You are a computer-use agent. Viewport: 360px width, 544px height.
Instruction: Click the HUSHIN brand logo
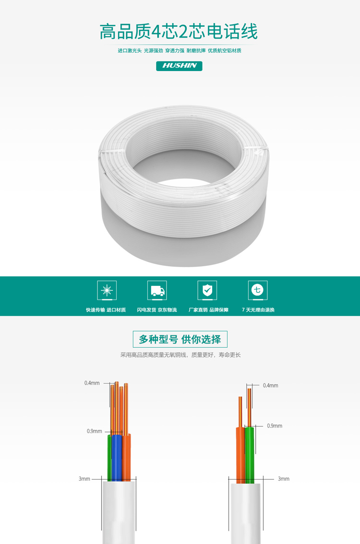pos(179,66)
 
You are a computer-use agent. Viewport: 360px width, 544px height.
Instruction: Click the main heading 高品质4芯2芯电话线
pos(179,32)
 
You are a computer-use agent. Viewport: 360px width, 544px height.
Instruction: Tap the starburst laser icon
pos(107,290)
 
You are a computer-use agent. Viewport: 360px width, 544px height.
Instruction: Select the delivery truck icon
pos(157,290)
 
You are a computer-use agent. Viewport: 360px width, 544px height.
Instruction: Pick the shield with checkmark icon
pos(207,290)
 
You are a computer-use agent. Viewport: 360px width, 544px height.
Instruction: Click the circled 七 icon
pos(258,290)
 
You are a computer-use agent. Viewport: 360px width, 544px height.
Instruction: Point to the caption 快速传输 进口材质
pos(106,310)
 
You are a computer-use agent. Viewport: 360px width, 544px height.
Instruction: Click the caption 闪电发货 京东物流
pos(157,310)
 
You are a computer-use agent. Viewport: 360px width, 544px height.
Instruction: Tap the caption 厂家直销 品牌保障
pos(208,310)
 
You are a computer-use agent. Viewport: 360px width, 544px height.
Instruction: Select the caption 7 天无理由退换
pos(258,310)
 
